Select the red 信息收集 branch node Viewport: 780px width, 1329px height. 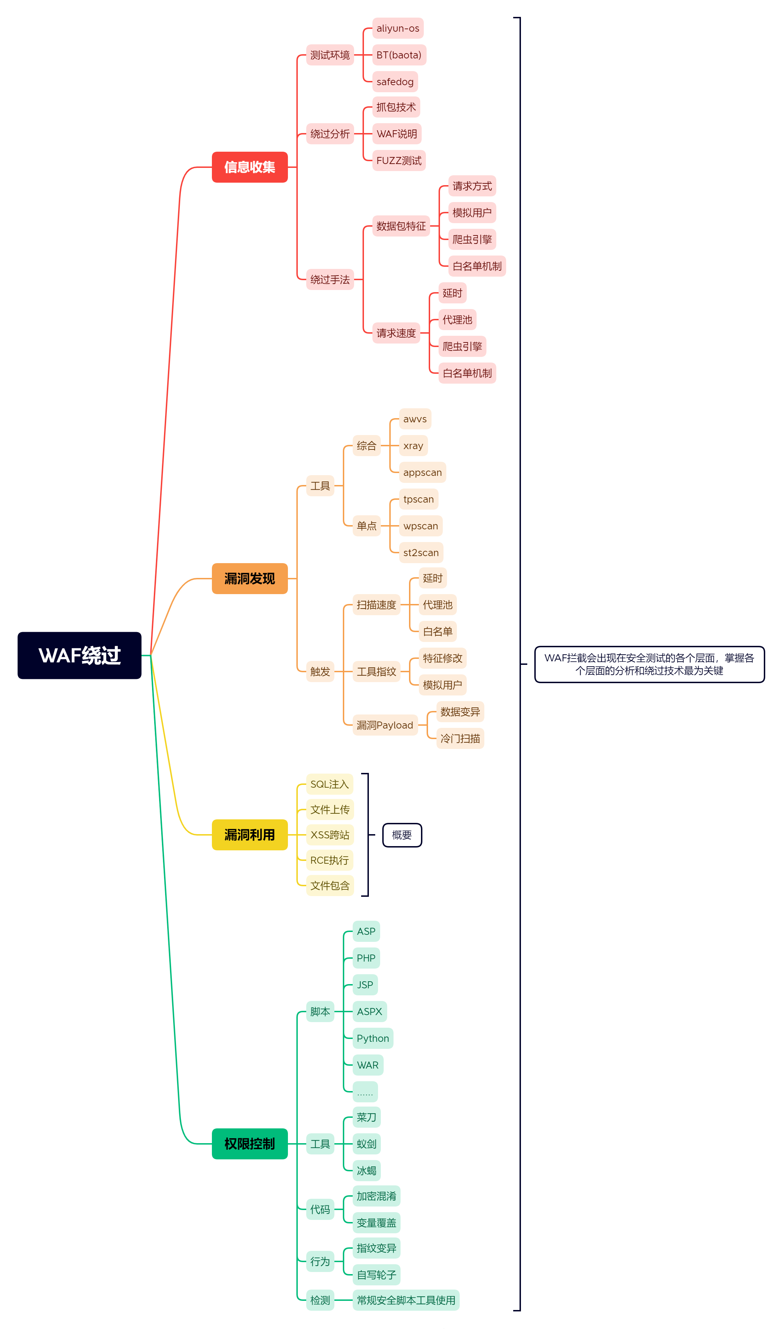pyautogui.click(x=250, y=167)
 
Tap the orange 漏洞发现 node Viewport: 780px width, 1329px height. pyautogui.click(x=250, y=579)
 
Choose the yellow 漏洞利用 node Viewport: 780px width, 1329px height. pyautogui.click(x=250, y=835)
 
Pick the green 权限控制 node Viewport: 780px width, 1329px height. pyautogui.click(x=250, y=1144)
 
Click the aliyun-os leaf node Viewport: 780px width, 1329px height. pyautogui.click(x=398, y=29)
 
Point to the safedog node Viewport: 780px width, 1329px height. pyautogui.click(x=395, y=82)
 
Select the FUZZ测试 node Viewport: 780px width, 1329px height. pyautogui.click(x=399, y=161)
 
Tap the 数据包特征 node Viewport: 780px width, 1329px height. pyautogui.click(x=401, y=226)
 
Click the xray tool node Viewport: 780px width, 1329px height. pyautogui.click(x=413, y=446)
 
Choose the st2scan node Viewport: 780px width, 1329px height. pyautogui.click(x=421, y=553)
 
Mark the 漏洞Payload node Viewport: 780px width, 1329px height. pyautogui.click(x=385, y=725)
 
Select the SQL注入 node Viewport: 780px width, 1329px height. pyautogui.click(x=329, y=784)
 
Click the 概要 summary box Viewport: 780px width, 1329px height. pyautogui.click(x=402, y=835)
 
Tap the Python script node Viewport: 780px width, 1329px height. pyautogui.click(x=372, y=1038)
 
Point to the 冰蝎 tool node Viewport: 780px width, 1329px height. pyautogui.click(x=366, y=1171)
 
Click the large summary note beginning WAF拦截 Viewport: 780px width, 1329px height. pyautogui.click(x=649, y=664)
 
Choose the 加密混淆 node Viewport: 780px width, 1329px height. pyautogui.click(x=376, y=1196)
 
